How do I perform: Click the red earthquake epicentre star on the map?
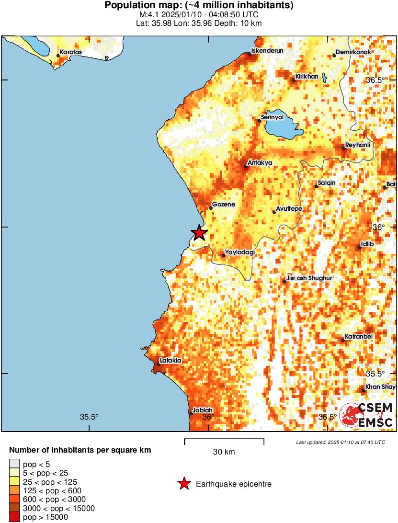coord(199,233)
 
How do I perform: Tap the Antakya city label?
coord(260,163)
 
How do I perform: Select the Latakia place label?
coord(171,361)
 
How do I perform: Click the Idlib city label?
coord(367,244)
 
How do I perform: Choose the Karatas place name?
coord(71,52)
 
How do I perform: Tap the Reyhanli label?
coord(358,145)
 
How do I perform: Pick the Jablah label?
coord(202,410)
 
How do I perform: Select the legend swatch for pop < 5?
coord(14,464)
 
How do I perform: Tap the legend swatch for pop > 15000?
coord(14,517)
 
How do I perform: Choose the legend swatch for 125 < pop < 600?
coord(14,490)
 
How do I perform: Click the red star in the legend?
coord(183,484)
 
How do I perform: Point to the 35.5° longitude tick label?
coord(89,417)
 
